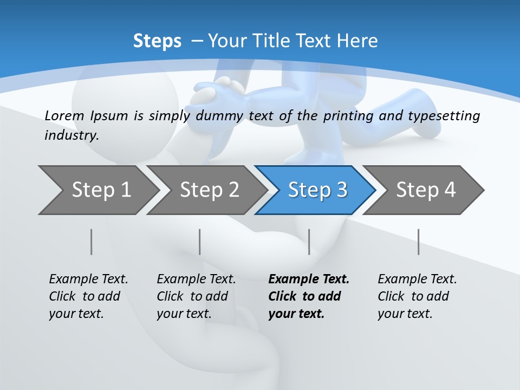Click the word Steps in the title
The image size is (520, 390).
[x=157, y=41]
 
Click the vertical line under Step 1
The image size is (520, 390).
[x=91, y=242]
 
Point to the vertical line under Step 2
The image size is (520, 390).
[x=199, y=242]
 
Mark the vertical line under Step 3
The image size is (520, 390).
[x=309, y=242]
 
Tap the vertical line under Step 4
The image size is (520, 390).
[x=418, y=242]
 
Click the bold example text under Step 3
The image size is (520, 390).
[x=309, y=296]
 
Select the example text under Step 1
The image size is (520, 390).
[x=88, y=296]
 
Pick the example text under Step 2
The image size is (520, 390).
[x=196, y=296]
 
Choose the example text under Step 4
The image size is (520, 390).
[x=417, y=296]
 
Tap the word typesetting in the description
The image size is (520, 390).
[x=448, y=115]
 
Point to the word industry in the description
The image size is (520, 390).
[x=71, y=135]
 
